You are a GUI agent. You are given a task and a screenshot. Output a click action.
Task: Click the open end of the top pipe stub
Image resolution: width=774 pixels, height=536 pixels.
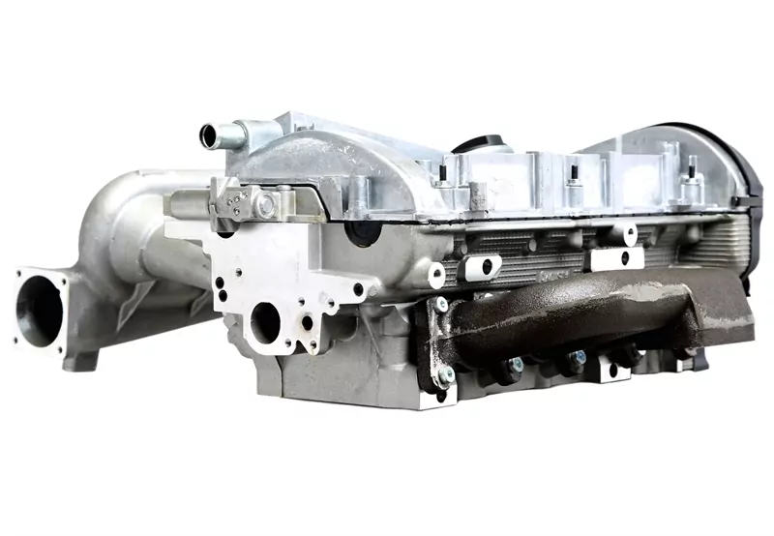tap(208, 133)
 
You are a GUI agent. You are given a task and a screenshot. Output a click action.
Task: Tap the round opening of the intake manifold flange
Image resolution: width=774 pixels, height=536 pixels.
tap(41, 307)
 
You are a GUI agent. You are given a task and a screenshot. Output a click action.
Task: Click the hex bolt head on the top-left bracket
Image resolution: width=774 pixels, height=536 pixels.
tap(264, 204)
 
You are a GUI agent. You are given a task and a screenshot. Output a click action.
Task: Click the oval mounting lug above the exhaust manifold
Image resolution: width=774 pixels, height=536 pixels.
tap(481, 266)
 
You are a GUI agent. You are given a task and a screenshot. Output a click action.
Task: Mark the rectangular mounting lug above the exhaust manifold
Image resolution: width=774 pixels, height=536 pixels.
tap(616, 258)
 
